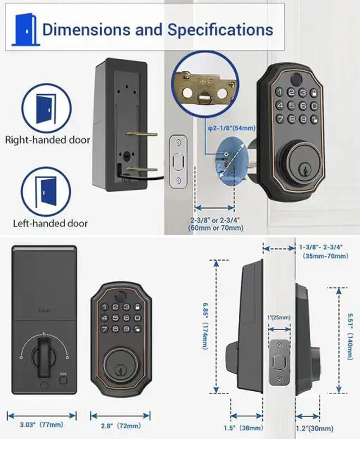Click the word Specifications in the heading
pos(220,30)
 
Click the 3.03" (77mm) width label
pos(41,425)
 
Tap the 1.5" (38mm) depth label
pos(243,428)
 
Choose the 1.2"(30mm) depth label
pos(314,428)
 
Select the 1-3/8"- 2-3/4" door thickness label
pos(324,251)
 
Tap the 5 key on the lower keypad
pos(116,318)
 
